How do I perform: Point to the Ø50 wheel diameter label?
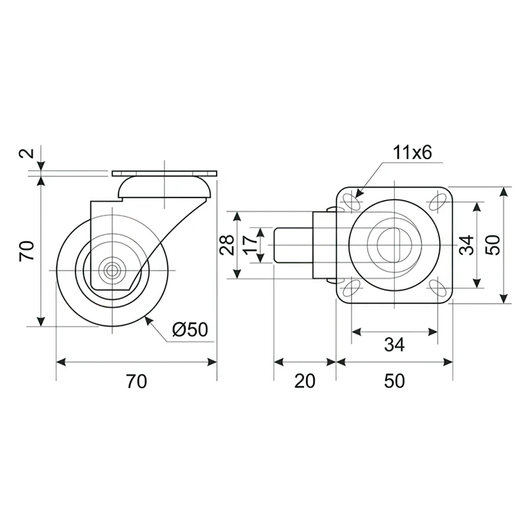(189, 330)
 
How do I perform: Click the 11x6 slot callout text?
(411, 153)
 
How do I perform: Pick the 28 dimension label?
(226, 246)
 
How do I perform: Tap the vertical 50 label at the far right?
(492, 244)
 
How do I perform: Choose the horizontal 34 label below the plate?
(394, 344)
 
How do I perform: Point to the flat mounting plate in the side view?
(165, 174)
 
